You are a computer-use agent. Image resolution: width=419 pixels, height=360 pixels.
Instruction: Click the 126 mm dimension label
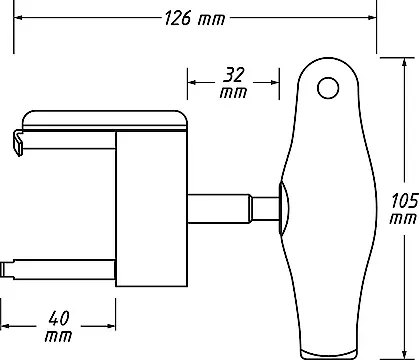[x=195, y=18]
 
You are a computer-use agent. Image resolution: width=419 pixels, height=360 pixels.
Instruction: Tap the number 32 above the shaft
[x=233, y=75]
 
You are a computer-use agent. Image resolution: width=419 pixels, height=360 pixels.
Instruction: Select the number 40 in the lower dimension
[x=59, y=318]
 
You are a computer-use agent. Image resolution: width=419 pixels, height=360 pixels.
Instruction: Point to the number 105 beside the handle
[x=405, y=201]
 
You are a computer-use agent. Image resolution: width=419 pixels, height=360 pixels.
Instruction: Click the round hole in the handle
[x=328, y=88]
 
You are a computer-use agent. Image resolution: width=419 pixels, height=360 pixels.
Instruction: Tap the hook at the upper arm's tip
[x=18, y=143]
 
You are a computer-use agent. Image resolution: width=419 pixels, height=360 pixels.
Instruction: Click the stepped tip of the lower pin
[x=7, y=269]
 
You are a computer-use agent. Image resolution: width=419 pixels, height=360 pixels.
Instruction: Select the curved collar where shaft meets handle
[x=284, y=208]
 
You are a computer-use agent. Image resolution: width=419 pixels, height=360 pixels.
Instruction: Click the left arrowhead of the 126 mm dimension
[x=18, y=17]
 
